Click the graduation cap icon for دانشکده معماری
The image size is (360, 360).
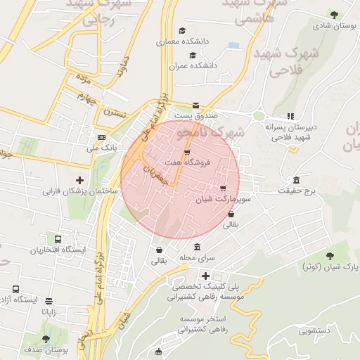[183, 30]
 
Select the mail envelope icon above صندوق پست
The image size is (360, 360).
[196, 105]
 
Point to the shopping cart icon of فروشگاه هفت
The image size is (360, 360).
[186, 152]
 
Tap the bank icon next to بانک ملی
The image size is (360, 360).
[102, 137]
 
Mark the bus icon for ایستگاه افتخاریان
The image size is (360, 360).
[56, 239]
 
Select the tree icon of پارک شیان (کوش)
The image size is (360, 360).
[330, 255]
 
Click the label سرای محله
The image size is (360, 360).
[196, 258]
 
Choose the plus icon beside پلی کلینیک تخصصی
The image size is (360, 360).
[205, 276]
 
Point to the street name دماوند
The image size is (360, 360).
[124, 67]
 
